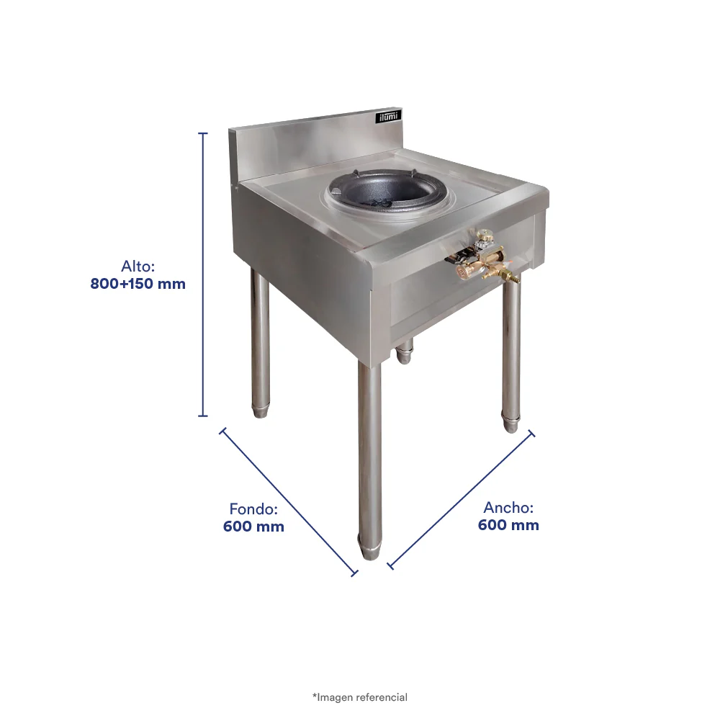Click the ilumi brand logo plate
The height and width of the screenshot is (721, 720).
tap(389, 117)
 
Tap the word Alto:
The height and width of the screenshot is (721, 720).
tap(138, 267)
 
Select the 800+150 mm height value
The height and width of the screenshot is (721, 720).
tap(138, 284)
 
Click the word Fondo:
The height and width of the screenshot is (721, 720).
tap(253, 509)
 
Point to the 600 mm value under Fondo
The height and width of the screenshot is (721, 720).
tap(253, 527)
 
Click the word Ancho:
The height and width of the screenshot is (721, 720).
tap(508, 507)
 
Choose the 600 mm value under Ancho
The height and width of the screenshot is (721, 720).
tap(508, 524)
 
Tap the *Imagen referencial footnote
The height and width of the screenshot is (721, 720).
tap(360, 697)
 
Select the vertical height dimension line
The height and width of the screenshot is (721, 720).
tap(203, 274)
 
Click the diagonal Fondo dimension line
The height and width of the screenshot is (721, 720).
tap(289, 502)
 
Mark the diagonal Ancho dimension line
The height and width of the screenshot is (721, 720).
tap(461, 501)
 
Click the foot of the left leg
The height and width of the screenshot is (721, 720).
tap(260, 411)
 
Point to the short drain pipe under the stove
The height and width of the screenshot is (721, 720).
tap(404, 351)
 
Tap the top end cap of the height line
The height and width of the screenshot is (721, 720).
tap(203, 133)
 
